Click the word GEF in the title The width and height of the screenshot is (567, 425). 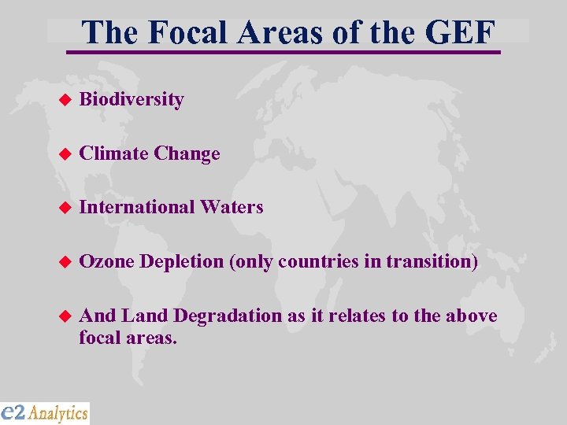point(461,32)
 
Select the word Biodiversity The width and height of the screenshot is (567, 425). point(132,100)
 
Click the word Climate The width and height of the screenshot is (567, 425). point(114,153)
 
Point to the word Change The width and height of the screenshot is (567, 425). point(187,153)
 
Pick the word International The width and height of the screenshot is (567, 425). point(137,207)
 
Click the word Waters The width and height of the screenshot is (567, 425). point(232,207)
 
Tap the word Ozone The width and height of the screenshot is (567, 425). point(106,261)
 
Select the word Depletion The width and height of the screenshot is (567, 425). point(183,261)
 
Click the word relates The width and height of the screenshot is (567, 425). point(355,316)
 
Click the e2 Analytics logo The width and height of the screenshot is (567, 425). point(45,412)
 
